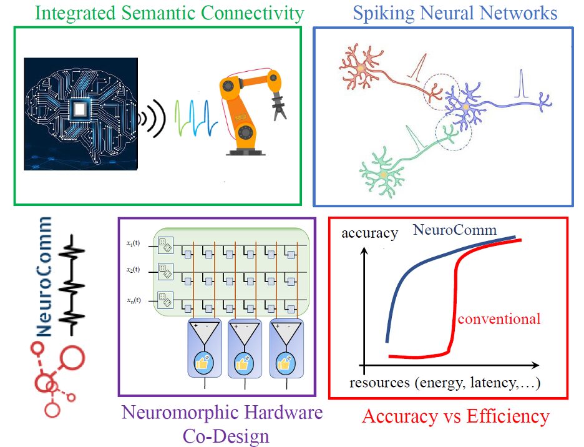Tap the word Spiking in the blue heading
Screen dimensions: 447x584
[381, 12]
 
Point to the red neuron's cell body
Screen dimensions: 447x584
[360, 67]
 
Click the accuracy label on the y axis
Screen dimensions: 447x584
[369, 233]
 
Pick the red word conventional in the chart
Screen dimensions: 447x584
[499, 319]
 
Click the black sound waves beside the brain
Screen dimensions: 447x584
[152, 116]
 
